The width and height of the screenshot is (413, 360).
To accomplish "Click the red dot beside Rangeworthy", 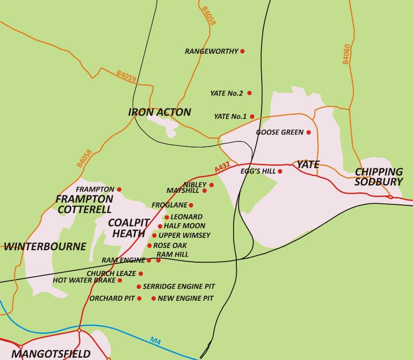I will click(x=242, y=51).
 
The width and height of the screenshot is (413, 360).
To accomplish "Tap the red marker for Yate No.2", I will click(x=250, y=93).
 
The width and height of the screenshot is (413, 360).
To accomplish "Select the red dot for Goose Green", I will click(x=308, y=132).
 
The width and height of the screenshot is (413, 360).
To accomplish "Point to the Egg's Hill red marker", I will click(x=280, y=171).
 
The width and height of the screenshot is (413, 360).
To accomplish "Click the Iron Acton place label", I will click(x=159, y=112).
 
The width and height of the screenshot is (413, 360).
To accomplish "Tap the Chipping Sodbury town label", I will click(x=379, y=176).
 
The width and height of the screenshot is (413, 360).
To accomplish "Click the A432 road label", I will click(x=222, y=169).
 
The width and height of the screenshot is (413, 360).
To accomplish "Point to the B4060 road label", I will click(x=346, y=54).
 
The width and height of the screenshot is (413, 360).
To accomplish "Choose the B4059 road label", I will click(x=126, y=76).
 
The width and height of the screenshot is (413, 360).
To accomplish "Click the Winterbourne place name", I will click(x=45, y=247).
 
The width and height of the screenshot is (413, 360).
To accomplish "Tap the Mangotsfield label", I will click(x=51, y=354).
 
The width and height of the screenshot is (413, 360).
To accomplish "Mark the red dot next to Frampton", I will click(x=119, y=189).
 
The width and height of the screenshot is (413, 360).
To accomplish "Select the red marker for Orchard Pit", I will click(x=140, y=298).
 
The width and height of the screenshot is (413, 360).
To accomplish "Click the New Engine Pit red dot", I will click(x=153, y=298).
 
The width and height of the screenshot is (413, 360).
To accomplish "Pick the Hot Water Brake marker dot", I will click(x=120, y=280).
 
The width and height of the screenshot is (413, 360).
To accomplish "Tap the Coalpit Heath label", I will click(x=129, y=228).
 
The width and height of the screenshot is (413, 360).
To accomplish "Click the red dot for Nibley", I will click(x=212, y=185).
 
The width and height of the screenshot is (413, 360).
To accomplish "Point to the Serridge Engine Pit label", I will click(x=179, y=287).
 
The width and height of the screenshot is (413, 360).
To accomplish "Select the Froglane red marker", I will click(x=191, y=205).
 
